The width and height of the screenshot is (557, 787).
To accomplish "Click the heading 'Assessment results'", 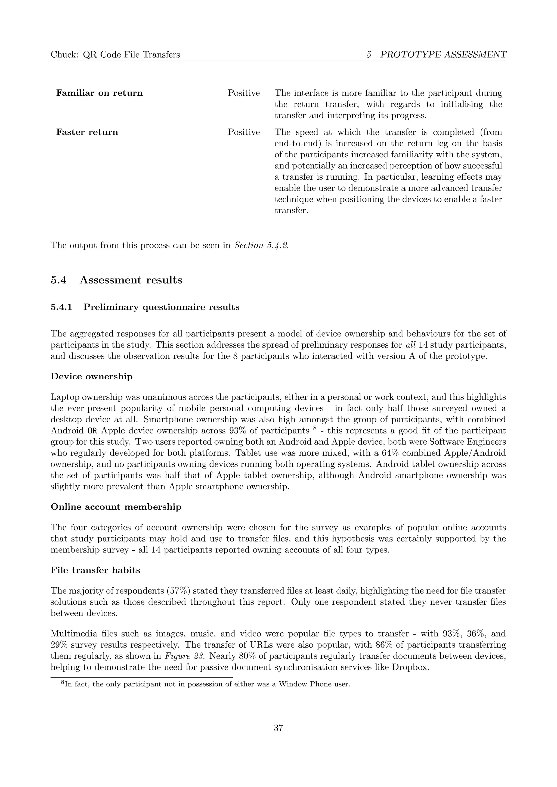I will pyautogui.click(x=131, y=280).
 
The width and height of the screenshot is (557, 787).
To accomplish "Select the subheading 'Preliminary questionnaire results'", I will pyautogui.click(x=161, y=307).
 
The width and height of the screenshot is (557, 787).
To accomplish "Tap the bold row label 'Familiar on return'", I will pyautogui.click(x=100, y=93).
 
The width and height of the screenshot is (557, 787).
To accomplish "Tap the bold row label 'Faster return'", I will pyautogui.click(x=87, y=132).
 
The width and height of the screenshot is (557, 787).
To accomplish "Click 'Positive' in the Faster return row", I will pyautogui.click(x=244, y=132).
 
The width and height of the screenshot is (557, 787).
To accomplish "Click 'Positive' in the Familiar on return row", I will pyautogui.click(x=244, y=93).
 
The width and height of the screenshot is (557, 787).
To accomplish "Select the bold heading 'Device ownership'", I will pyautogui.click(x=92, y=377).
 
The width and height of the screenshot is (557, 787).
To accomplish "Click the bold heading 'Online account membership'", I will pyautogui.click(x=116, y=507).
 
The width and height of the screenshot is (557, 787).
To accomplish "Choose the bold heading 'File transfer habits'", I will pyautogui.click(x=95, y=570).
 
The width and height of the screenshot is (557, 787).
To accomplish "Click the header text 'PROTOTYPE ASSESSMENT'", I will pyautogui.click(x=443, y=55).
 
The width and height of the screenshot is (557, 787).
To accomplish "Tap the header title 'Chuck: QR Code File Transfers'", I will pyautogui.click(x=115, y=55).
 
